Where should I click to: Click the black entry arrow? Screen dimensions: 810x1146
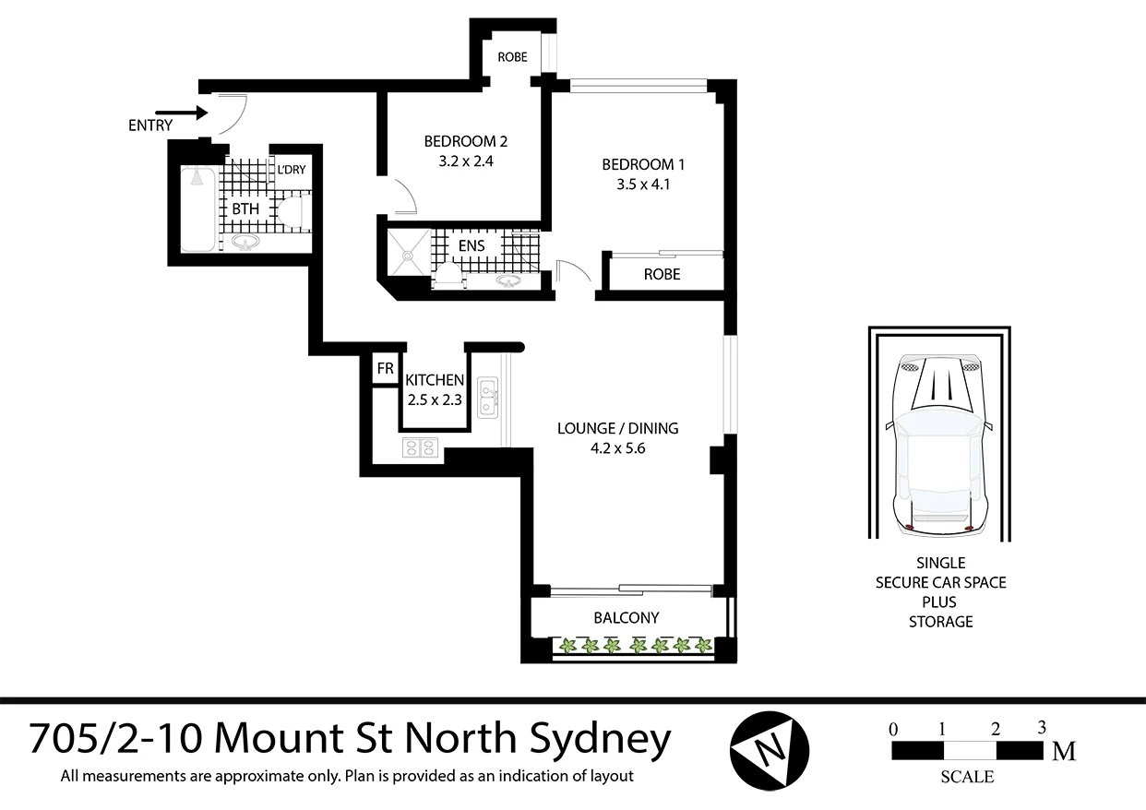190,113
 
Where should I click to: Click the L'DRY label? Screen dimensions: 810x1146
292,170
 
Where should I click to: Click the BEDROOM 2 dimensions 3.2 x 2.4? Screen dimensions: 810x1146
466,160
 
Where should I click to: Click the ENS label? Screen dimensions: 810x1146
472,246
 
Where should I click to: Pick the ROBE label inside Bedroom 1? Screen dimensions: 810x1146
662,274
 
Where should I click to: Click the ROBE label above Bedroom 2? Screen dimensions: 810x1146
512,57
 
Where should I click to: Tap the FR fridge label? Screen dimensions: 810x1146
385,370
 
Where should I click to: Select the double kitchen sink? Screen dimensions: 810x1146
488,396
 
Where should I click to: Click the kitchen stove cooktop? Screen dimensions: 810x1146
420,448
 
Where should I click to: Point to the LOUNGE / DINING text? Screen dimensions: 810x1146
617,428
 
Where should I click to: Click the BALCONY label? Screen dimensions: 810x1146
627,618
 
